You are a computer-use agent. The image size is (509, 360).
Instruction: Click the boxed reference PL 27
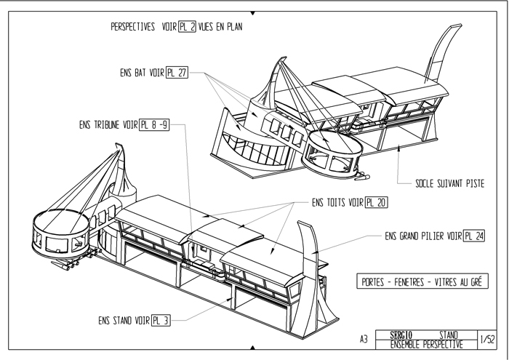click(x=177, y=73)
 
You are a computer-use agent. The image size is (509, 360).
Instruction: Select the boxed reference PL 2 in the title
click(x=190, y=28)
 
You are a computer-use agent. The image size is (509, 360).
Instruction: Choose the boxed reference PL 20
click(x=376, y=202)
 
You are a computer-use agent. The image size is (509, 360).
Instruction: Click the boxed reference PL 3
click(x=160, y=320)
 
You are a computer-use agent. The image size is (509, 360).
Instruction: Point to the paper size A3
click(x=366, y=339)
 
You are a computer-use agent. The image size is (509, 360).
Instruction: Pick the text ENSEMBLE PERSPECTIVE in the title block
click(x=426, y=343)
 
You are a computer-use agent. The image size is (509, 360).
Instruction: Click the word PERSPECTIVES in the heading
click(x=134, y=28)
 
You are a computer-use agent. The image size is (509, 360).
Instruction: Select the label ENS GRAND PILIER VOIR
click(x=423, y=236)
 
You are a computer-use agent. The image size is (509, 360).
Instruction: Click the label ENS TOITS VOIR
click(x=337, y=202)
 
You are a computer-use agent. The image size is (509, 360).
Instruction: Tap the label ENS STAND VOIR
click(x=124, y=320)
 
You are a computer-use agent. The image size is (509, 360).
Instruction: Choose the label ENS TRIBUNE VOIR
click(x=109, y=124)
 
